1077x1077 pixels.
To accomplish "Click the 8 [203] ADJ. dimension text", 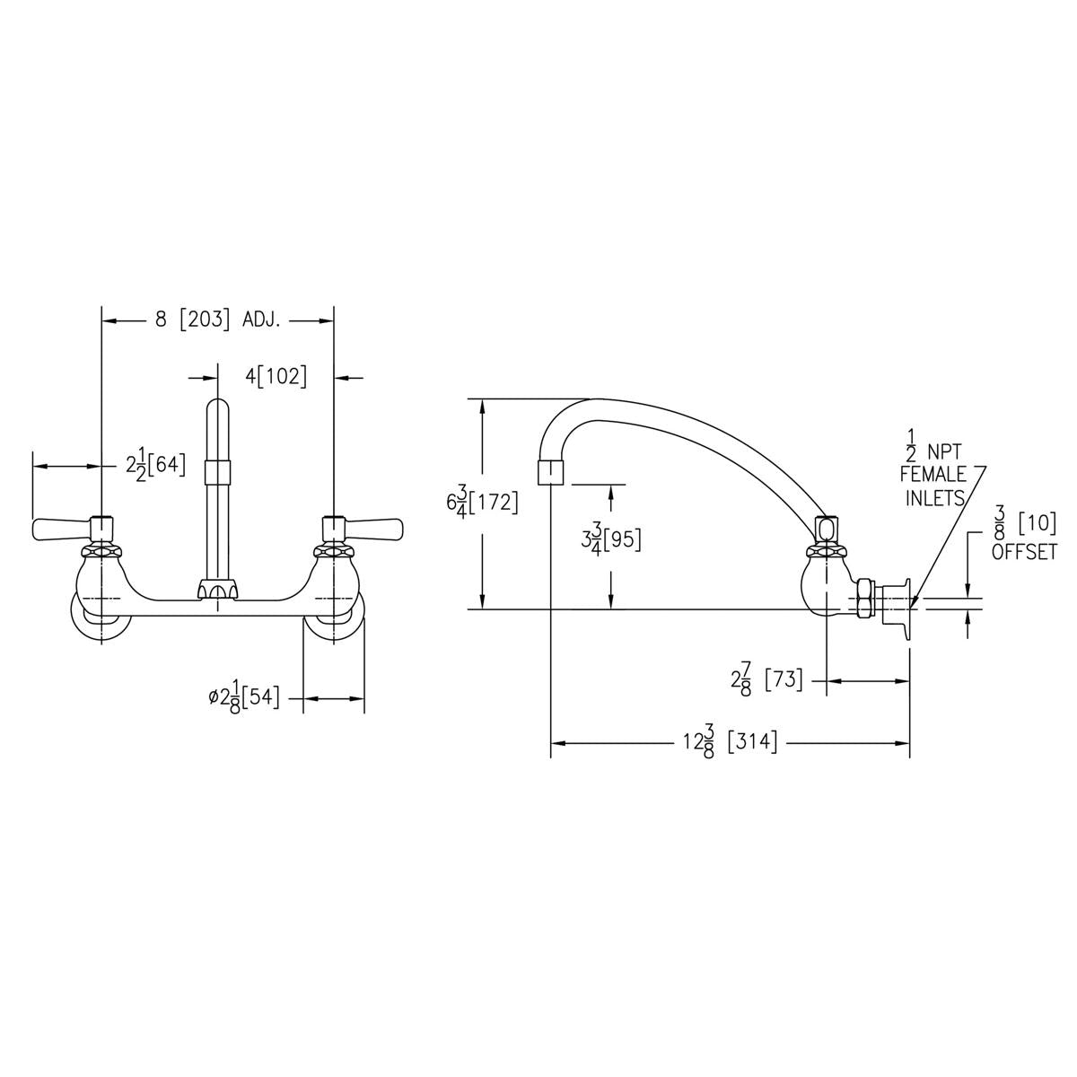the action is point(217,320).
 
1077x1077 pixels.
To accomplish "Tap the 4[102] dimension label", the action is point(276,376).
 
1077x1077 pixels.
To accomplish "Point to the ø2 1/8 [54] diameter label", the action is point(244,699).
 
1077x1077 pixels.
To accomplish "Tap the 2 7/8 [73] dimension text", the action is point(766,680).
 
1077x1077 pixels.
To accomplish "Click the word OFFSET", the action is point(1024,552).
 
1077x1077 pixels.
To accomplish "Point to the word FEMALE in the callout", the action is point(933,474).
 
